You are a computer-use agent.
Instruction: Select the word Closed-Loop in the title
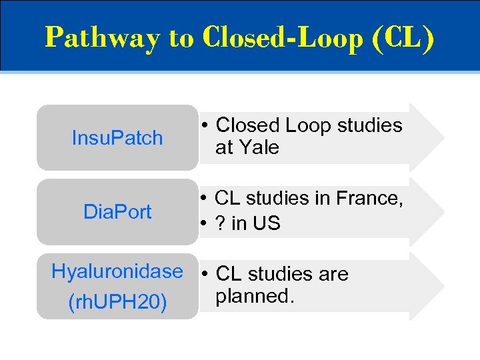coord(279,37)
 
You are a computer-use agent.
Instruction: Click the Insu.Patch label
coord(117,138)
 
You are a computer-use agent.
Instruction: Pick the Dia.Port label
coord(117,212)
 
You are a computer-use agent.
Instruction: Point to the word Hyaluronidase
coord(117,271)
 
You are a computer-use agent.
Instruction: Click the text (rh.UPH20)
coord(117,302)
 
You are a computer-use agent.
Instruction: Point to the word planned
coord(255,296)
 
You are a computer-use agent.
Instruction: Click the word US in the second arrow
coord(267,224)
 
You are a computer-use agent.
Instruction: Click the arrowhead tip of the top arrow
coord(443,137)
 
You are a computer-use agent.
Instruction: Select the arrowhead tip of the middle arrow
coord(443,211)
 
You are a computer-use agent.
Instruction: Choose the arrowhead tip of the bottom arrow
coord(443,286)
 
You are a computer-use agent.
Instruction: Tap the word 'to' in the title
coord(181,38)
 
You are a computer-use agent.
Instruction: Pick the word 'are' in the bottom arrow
coord(333,274)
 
